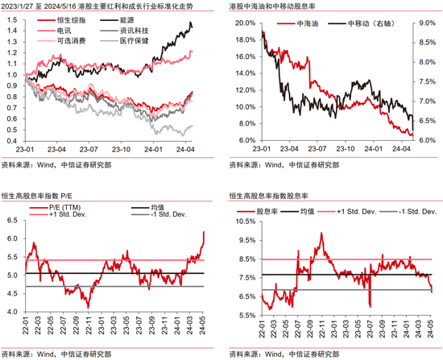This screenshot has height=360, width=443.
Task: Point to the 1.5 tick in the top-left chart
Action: [12, 20]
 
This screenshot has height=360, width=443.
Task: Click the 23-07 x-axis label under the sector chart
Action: [89, 150]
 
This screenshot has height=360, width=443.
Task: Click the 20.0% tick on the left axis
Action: [245, 23]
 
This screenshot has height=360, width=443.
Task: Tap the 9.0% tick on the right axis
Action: [427, 23]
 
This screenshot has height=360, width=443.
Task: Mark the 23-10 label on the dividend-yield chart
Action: [346, 149]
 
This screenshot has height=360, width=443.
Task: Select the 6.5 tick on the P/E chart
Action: [12, 221]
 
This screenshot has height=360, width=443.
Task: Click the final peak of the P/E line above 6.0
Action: [204, 232]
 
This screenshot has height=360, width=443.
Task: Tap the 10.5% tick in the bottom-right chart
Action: [245, 221]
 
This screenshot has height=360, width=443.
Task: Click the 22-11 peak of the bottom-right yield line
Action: [321, 233]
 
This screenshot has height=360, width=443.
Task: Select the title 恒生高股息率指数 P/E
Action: [37, 196]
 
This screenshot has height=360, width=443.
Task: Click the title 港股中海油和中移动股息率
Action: [272, 6]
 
